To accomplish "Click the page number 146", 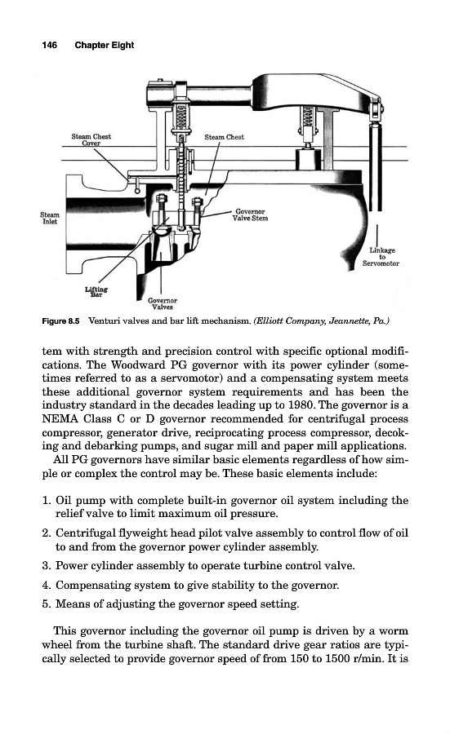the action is point(49,45).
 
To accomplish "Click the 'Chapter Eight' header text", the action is point(104,46).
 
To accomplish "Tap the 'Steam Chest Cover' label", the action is point(91,139).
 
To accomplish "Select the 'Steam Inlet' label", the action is point(50,218).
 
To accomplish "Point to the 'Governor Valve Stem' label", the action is point(250,214).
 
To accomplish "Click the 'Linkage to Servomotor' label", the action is point(381,257).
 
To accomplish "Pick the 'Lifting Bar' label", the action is point(96,292).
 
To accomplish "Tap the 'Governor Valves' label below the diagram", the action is point(163,304).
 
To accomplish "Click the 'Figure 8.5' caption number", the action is point(61,321).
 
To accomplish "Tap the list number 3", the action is point(46,565).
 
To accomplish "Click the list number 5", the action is point(46,604).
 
